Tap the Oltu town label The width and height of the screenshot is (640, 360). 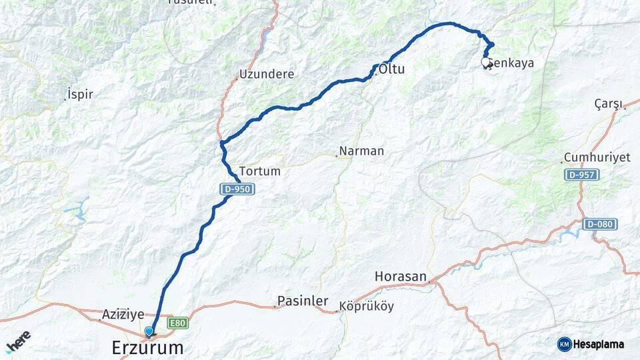pos(392,69)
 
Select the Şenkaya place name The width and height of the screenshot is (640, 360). pos(511,63)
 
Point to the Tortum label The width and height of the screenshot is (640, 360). pos(259,171)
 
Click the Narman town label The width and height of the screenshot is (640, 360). pos(361,151)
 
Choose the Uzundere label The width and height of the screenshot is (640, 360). pos(267,74)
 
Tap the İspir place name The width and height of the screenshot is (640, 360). pos(80,94)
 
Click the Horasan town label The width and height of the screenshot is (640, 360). pos(400,276)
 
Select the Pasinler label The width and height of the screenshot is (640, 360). pos(303,301)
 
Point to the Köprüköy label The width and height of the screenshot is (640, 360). pos(367,307)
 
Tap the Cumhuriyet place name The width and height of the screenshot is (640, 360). pos(597,157)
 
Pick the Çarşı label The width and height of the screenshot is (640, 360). pos(608,103)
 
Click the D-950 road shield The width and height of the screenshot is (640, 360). pos(237,189)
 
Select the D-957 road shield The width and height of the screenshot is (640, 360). pos(581,175)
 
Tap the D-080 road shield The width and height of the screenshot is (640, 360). pos(599,224)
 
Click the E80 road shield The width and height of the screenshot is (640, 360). pos(177,323)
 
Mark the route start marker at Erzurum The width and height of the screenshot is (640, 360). pos(149,331)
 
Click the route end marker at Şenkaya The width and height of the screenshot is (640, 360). pos(486,61)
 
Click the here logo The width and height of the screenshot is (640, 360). pos(18,341)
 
